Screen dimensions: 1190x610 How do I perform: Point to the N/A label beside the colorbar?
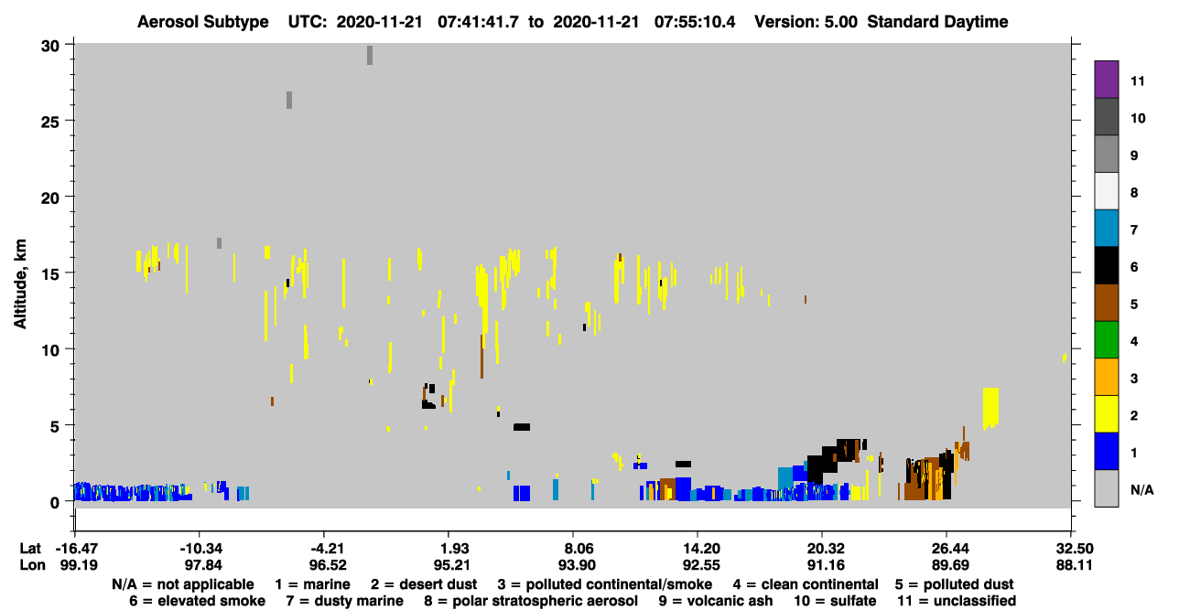point(1141,489)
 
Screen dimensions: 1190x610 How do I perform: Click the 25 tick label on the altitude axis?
point(50,122)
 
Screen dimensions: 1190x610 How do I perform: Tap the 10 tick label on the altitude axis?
point(50,350)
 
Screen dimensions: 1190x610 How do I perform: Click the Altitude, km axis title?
point(20,284)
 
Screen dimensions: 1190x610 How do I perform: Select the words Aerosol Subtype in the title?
point(203,22)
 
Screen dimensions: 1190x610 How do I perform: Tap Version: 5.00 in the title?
point(806,22)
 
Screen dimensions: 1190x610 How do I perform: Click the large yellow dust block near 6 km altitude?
point(990,408)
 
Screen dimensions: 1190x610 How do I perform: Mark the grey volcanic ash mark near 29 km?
point(370,55)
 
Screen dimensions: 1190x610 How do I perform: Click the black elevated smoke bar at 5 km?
point(522,427)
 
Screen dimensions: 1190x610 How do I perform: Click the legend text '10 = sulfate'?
point(835,601)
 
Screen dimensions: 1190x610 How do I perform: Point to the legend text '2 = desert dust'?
point(424,584)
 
